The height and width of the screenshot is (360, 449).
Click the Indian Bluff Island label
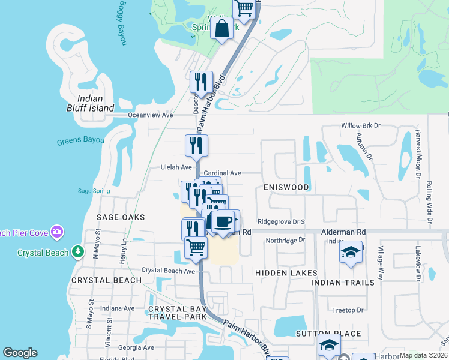95,103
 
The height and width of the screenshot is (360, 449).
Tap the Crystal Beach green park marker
77,252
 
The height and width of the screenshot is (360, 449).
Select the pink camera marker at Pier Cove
57,231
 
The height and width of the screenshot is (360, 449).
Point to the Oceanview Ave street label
151,115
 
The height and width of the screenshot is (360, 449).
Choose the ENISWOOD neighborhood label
286,187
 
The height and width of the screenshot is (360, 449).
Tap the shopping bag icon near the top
221,28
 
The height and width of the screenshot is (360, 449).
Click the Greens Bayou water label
80,142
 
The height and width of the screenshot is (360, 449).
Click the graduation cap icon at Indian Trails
351,253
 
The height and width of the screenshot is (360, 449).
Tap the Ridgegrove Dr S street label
282,221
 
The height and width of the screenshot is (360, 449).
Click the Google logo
20,353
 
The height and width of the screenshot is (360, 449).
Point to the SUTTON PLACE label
328,334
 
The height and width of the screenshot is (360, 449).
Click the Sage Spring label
94,191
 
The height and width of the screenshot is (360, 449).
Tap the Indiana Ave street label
118,308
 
